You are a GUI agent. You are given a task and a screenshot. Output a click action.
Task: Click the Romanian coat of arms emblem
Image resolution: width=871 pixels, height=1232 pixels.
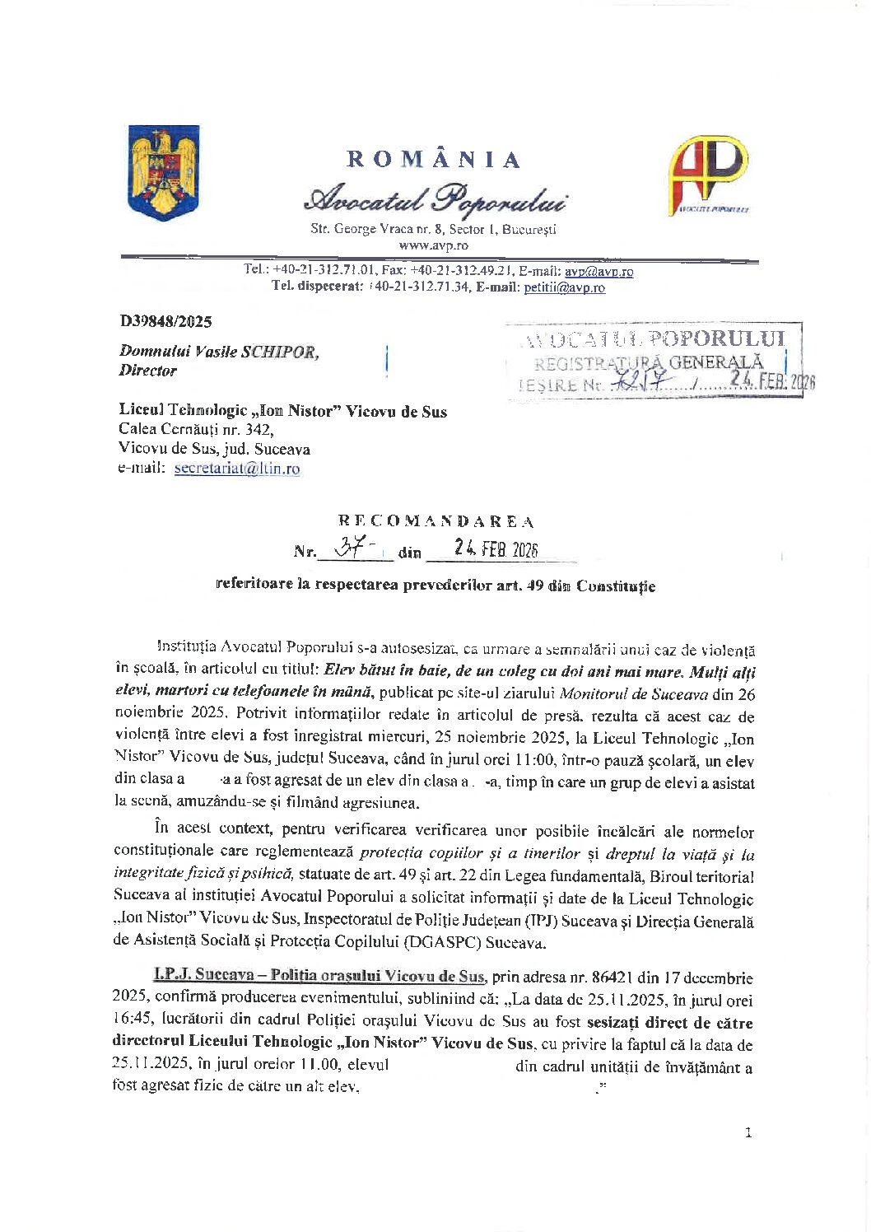tap(164, 173)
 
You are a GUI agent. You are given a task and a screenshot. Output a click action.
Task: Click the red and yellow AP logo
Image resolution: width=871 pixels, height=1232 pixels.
tap(707, 175)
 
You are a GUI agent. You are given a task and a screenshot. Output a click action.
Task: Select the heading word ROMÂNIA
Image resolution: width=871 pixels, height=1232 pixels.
tap(433, 159)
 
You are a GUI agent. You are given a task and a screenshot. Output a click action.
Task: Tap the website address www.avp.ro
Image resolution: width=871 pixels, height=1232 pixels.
tap(433, 245)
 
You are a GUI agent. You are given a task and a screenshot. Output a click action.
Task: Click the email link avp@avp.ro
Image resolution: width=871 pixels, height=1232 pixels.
tap(599, 271)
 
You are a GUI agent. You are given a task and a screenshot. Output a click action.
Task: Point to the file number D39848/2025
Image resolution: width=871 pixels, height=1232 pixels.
tap(165, 321)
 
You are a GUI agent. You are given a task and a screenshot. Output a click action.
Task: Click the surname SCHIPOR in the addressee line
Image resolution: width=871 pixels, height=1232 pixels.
tap(278, 352)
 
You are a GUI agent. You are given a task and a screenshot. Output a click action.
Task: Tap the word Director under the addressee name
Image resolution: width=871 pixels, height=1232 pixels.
tap(147, 371)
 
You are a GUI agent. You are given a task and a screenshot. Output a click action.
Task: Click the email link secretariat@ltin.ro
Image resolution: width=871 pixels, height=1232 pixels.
tap(237, 469)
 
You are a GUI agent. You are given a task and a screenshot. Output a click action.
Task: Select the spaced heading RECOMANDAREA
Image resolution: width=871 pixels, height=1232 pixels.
tap(435, 521)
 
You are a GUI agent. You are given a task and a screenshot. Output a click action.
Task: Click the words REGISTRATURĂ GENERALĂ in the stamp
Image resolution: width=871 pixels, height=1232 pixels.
tap(648, 362)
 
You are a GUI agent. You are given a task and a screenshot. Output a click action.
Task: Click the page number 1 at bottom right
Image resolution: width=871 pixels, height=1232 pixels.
tap(748, 1132)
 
